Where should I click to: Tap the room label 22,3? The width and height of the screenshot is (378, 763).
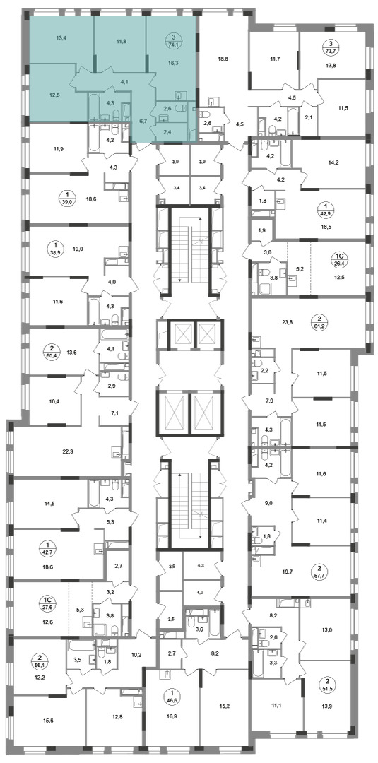(x=68, y=451)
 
